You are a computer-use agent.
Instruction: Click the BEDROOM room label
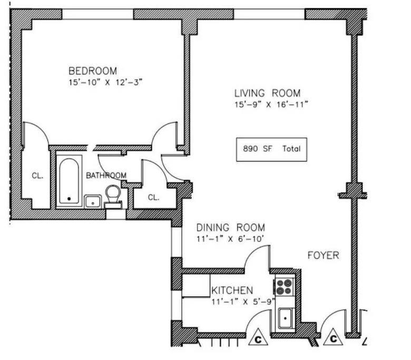point(93,71)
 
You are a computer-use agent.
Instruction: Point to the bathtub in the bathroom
point(69,180)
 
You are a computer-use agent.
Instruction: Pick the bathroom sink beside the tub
point(93,201)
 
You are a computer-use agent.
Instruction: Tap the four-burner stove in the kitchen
point(283,287)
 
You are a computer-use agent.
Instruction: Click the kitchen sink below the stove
point(286,317)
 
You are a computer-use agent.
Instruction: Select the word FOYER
point(323,256)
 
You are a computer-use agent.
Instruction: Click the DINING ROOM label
point(230,228)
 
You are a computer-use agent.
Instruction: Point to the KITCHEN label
point(232,290)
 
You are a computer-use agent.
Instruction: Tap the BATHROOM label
point(106,176)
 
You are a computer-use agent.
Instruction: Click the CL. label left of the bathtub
point(37,176)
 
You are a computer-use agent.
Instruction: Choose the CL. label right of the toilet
point(153,198)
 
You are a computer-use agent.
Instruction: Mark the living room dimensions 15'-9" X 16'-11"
point(271,104)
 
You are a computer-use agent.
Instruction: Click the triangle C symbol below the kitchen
point(258,338)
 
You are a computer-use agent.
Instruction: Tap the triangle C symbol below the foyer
point(333,338)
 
